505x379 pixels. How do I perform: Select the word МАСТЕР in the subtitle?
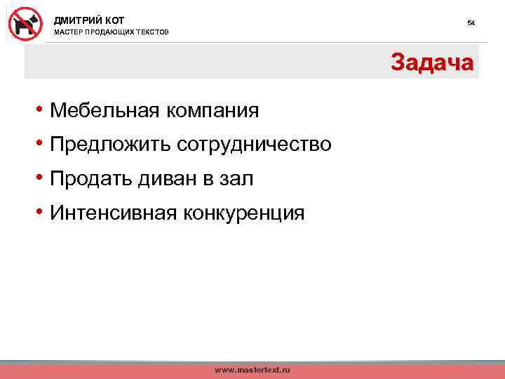[x=69, y=33]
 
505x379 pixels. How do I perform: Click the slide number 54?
[x=471, y=23]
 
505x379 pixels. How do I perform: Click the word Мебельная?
[x=105, y=110]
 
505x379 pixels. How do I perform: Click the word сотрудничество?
[x=254, y=145]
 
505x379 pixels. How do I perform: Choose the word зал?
[x=238, y=179]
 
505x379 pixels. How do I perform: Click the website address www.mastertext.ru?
[x=252, y=369]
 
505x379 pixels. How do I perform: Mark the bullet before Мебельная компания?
[x=42, y=110]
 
